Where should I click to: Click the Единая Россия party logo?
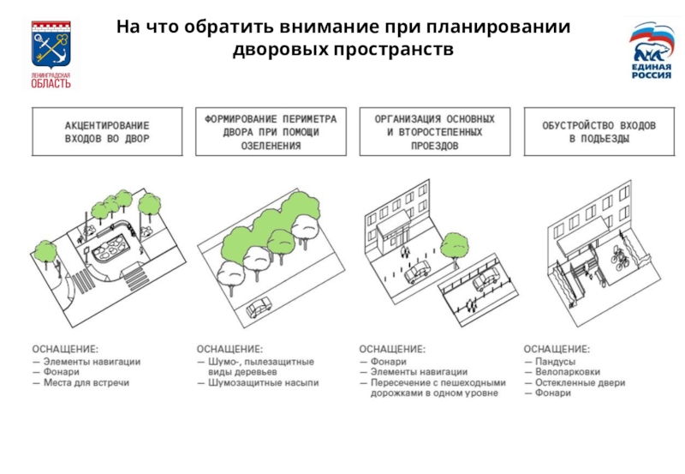pyautogui.click(x=651, y=51)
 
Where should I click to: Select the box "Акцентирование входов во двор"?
pyautogui.click(x=107, y=131)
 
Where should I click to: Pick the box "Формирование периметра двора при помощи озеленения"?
pyautogui.click(x=270, y=131)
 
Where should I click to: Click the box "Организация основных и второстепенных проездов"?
pyautogui.click(x=434, y=131)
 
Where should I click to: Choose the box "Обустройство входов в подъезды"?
pyautogui.click(x=599, y=131)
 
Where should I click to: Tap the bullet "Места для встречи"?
pyautogui.click(x=86, y=383)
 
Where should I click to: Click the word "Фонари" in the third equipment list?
pyautogui.click(x=389, y=361)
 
